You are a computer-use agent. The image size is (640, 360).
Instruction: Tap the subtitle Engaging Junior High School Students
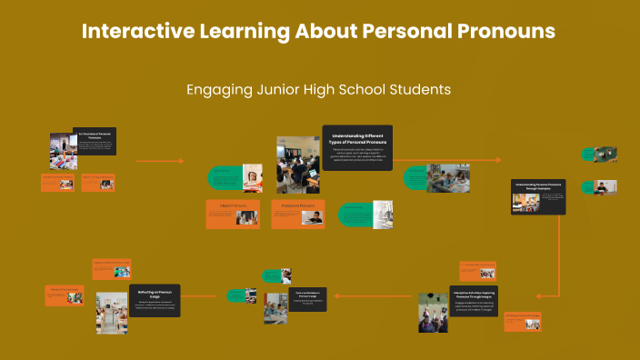[319, 90]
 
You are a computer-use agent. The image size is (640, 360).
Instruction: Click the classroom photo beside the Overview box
[61, 151]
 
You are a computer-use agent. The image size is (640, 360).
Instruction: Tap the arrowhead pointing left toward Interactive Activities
[537, 295]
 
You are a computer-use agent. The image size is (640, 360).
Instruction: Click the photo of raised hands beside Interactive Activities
[432, 312]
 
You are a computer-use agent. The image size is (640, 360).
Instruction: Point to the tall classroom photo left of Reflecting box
[112, 312]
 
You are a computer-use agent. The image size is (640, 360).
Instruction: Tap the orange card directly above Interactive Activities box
[476, 270]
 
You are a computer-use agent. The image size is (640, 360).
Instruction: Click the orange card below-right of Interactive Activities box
[523, 320]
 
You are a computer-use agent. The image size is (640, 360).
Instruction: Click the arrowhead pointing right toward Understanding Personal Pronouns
[497, 160]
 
